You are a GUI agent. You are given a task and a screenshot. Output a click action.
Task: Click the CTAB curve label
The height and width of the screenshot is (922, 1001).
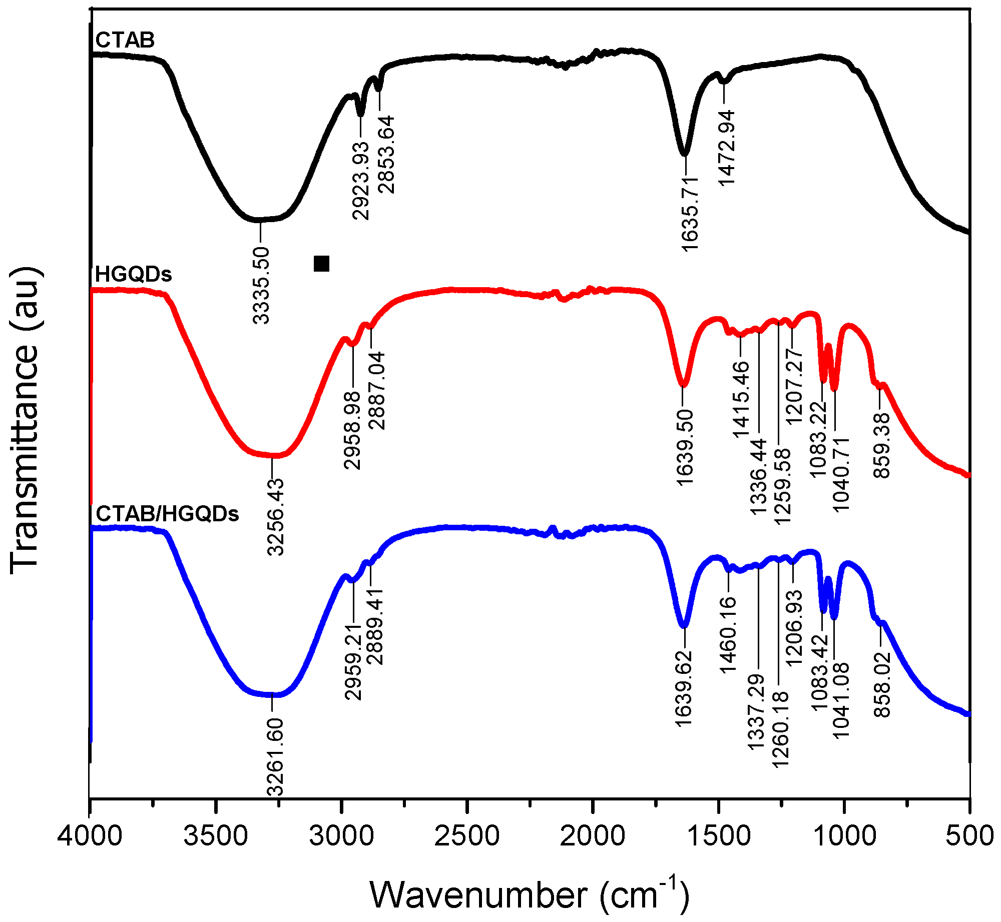pyautogui.click(x=125, y=40)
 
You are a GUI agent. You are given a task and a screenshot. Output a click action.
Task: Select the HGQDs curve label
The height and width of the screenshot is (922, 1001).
pyautogui.click(x=133, y=274)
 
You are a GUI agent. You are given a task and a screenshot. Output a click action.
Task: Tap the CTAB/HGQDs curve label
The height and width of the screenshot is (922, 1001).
pyautogui.click(x=167, y=514)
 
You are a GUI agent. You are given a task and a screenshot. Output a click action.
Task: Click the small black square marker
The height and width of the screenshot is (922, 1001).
pyautogui.click(x=321, y=263)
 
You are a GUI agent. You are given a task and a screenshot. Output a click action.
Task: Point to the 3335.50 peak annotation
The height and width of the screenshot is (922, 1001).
pyautogui.click(x=261, y=285)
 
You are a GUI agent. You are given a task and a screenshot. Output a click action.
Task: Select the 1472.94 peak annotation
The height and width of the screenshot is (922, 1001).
pyautogui.click(x=727, y=148)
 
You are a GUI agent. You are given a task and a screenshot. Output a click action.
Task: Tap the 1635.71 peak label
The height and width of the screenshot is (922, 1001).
pyautogui.click(x=689, y=214)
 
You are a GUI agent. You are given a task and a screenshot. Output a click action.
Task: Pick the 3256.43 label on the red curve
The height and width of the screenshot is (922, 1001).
pyautogui.click(x=275, y=516)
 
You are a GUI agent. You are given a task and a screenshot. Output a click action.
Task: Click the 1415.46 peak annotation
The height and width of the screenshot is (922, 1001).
pyautogui.click(x=741, y=399)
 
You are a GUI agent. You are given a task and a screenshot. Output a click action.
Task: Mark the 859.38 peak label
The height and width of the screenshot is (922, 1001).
pyautogui.click(x=882, y=445)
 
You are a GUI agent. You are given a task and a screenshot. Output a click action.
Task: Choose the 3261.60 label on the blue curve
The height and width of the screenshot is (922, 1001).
pyautogui.click(x=275, y=756)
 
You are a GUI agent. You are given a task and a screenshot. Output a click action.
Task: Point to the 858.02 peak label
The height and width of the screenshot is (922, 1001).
pyautogui.click(x=882, y=684)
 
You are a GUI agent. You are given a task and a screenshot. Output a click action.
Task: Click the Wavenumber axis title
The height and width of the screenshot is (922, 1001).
pyautogui.click(x=530, y=894)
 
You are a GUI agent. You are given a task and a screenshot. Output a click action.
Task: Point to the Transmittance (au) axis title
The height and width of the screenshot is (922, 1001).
pyautogui.click(x=24, y=420)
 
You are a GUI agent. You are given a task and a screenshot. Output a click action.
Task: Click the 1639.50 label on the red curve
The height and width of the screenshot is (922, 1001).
pyautogui.click(x=684, y=447)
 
